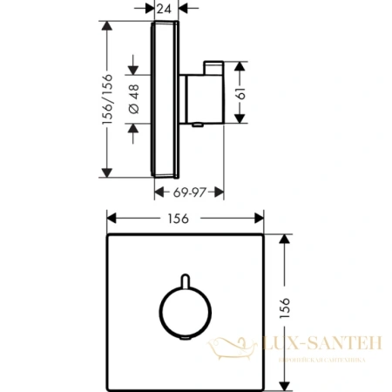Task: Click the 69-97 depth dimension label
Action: click(x=190, y=189)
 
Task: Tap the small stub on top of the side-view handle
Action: click(x=213, y=68)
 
